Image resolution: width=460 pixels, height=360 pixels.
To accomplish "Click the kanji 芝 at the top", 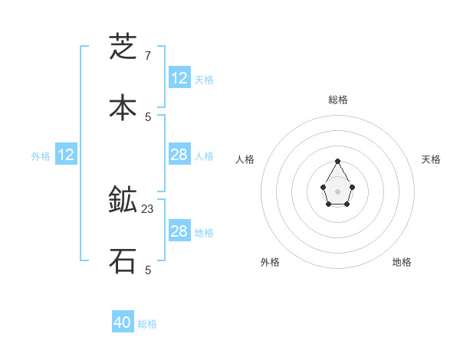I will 123,47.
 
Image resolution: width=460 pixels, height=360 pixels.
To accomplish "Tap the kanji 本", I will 123,108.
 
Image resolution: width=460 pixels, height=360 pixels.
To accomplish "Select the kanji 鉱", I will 123,200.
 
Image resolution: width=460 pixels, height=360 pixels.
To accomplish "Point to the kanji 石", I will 123,261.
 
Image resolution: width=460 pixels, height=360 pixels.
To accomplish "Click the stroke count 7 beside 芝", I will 147,56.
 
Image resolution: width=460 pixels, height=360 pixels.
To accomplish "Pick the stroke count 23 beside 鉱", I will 148,208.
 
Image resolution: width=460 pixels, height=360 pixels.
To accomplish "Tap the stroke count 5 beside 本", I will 147,117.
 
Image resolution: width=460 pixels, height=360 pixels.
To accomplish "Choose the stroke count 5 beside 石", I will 147,270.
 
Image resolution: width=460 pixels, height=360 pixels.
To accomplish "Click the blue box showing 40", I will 123,322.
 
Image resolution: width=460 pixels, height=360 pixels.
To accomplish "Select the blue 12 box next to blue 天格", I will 179,78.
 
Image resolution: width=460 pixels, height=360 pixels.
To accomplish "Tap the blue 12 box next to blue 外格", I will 66,155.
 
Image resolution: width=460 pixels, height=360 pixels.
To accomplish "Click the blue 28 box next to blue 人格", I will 179,155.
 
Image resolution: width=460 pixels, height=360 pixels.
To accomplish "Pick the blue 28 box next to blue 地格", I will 179,231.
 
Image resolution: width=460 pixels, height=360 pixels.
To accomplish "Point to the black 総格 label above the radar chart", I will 338,100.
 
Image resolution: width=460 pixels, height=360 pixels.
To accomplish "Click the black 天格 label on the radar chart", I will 431,159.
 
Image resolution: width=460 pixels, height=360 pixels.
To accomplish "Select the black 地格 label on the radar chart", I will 402,262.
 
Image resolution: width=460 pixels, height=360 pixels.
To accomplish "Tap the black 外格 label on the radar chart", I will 270,262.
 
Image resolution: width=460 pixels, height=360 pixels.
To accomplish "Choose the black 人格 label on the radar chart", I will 245,159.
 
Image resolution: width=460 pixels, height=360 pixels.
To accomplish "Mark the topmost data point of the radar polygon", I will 338,161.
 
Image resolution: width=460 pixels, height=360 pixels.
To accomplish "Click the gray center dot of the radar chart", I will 338,191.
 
